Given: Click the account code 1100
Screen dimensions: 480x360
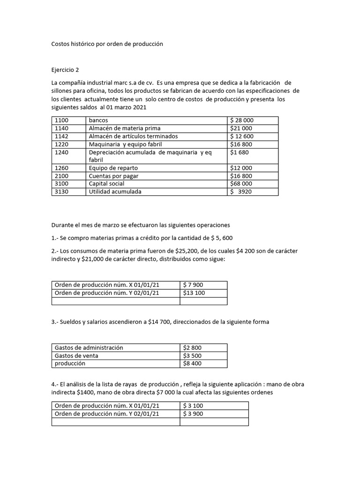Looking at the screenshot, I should (62, 120).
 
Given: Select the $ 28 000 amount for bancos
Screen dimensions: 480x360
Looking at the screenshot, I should (242, 120).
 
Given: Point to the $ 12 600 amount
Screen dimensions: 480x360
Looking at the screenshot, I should (241, 136).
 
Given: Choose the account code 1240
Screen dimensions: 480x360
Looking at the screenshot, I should (62, 152).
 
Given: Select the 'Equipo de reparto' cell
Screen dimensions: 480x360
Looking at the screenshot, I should (113, 168).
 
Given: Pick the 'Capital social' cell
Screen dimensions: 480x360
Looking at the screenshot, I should (106, 184).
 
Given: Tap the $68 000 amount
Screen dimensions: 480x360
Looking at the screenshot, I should (241, 184).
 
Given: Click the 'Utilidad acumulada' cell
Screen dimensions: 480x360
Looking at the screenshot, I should (115, 192).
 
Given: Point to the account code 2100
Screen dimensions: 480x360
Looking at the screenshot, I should (62, 176).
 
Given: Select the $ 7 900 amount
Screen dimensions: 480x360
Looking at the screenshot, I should (193, 285).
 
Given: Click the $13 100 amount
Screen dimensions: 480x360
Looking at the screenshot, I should (194, 293).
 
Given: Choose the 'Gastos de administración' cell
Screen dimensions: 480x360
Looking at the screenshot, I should (89, 348).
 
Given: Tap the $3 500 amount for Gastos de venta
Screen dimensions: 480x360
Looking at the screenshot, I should (192, 356).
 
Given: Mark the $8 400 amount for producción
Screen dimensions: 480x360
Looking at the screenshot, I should (192, 364).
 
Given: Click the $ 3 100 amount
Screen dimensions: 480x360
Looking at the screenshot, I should (193, 406).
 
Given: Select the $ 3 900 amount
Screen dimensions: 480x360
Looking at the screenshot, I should (193, 414).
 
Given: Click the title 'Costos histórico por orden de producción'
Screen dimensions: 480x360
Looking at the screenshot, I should (107, 44).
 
